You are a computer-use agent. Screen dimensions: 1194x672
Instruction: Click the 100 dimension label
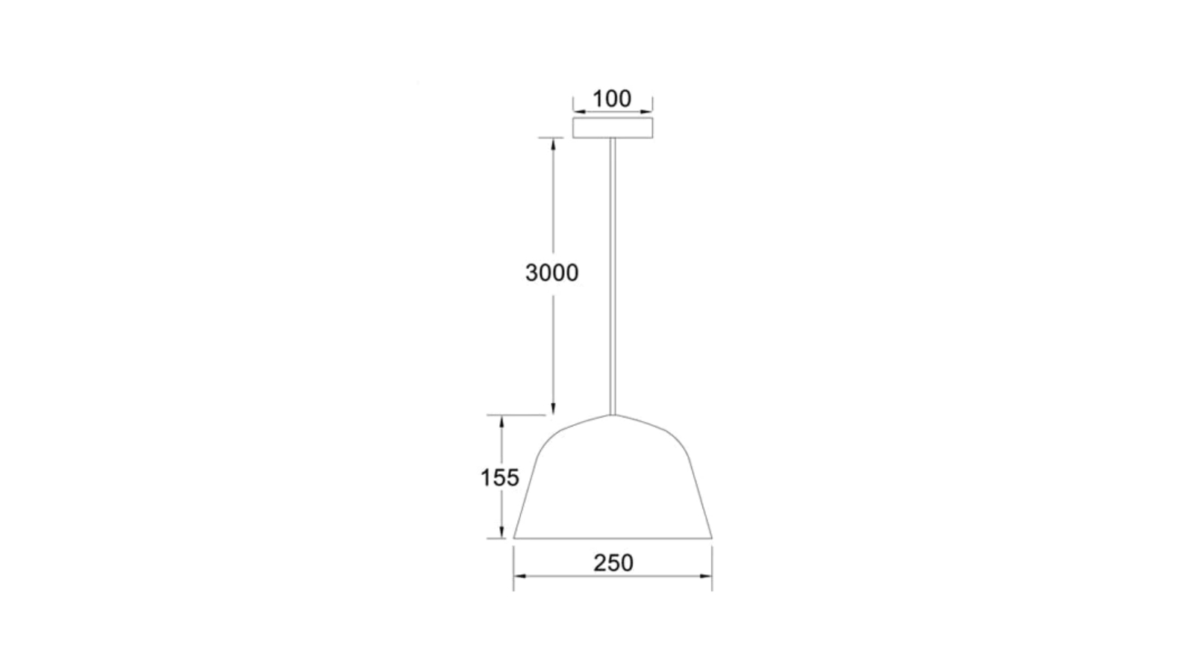pyautogui.click(x=612, y=99)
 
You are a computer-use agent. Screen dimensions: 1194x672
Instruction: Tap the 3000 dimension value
pyautogui.click(x=551, y=273)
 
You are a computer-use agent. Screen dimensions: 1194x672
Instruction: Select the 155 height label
pyautogui.click(x=499, y=478)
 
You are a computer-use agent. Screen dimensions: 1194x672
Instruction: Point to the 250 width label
pyautogui.click(x=613, y=563)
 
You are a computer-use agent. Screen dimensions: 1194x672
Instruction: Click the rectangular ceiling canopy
pyautogui.click(x=613, y=128)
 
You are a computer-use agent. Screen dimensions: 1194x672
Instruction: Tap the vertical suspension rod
pyautogui.click(x=613, y=276)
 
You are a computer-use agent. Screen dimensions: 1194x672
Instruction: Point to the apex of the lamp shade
pyautogui.click(x=613, y=414)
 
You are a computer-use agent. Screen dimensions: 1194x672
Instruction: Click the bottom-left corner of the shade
pyautogui.click(x=513, y=538)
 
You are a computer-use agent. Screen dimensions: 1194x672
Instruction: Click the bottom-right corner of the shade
pyautogui.click(x=712, y=538)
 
